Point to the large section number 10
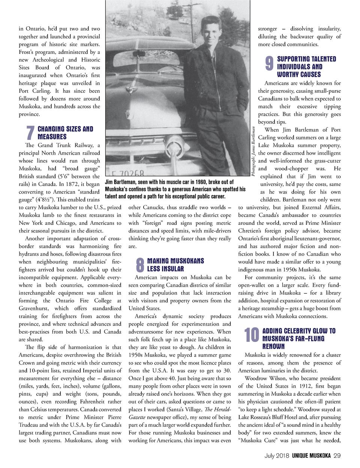251,335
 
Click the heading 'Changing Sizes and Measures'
65,133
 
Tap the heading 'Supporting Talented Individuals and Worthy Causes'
306,66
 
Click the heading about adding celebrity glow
298,339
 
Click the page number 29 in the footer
337,456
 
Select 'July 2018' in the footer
276,456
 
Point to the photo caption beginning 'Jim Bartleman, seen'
175,189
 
